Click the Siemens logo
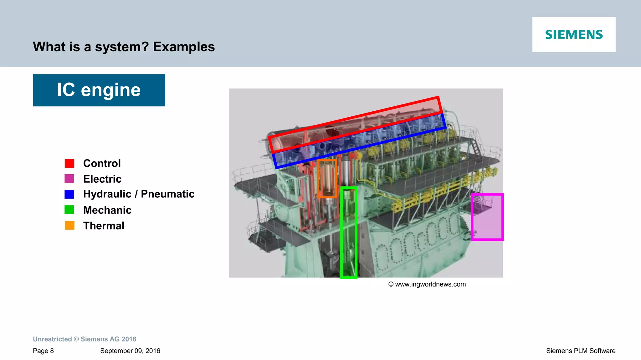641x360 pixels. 574,34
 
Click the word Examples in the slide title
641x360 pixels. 184,47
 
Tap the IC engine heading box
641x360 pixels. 99,90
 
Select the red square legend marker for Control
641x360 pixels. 69,163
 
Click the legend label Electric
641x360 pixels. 102,179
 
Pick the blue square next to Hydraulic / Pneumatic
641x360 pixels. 69,194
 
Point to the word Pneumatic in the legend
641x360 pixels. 167,194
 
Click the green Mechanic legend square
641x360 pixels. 69,210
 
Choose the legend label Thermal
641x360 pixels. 104,226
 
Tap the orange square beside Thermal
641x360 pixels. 69,225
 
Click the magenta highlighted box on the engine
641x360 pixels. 487,217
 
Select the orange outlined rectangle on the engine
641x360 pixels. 327,179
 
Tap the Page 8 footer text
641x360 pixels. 43,351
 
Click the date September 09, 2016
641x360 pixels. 130,351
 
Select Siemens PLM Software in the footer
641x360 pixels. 581,351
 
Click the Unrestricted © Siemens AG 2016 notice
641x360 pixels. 85,339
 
